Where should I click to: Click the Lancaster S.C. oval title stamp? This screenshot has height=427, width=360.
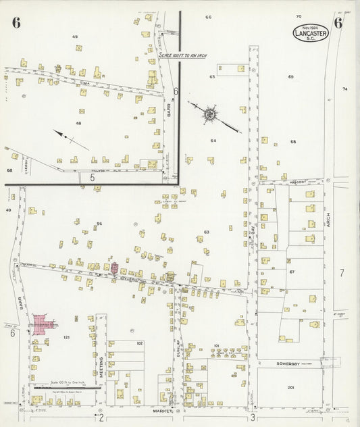(311, 32)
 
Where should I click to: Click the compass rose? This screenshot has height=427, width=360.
(211, 115)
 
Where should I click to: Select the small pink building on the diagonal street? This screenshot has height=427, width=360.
(115, 268)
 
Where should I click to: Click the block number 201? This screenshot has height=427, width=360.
(290, 387)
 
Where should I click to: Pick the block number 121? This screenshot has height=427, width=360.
(66, 337)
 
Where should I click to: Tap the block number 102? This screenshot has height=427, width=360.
(139, 343)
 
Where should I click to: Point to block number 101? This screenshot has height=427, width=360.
(217, 346)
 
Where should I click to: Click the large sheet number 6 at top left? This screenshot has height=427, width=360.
(16, 22)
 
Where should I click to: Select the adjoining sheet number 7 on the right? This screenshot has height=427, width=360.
(342, 272)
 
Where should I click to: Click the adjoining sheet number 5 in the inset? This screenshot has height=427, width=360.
(91, 177)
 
